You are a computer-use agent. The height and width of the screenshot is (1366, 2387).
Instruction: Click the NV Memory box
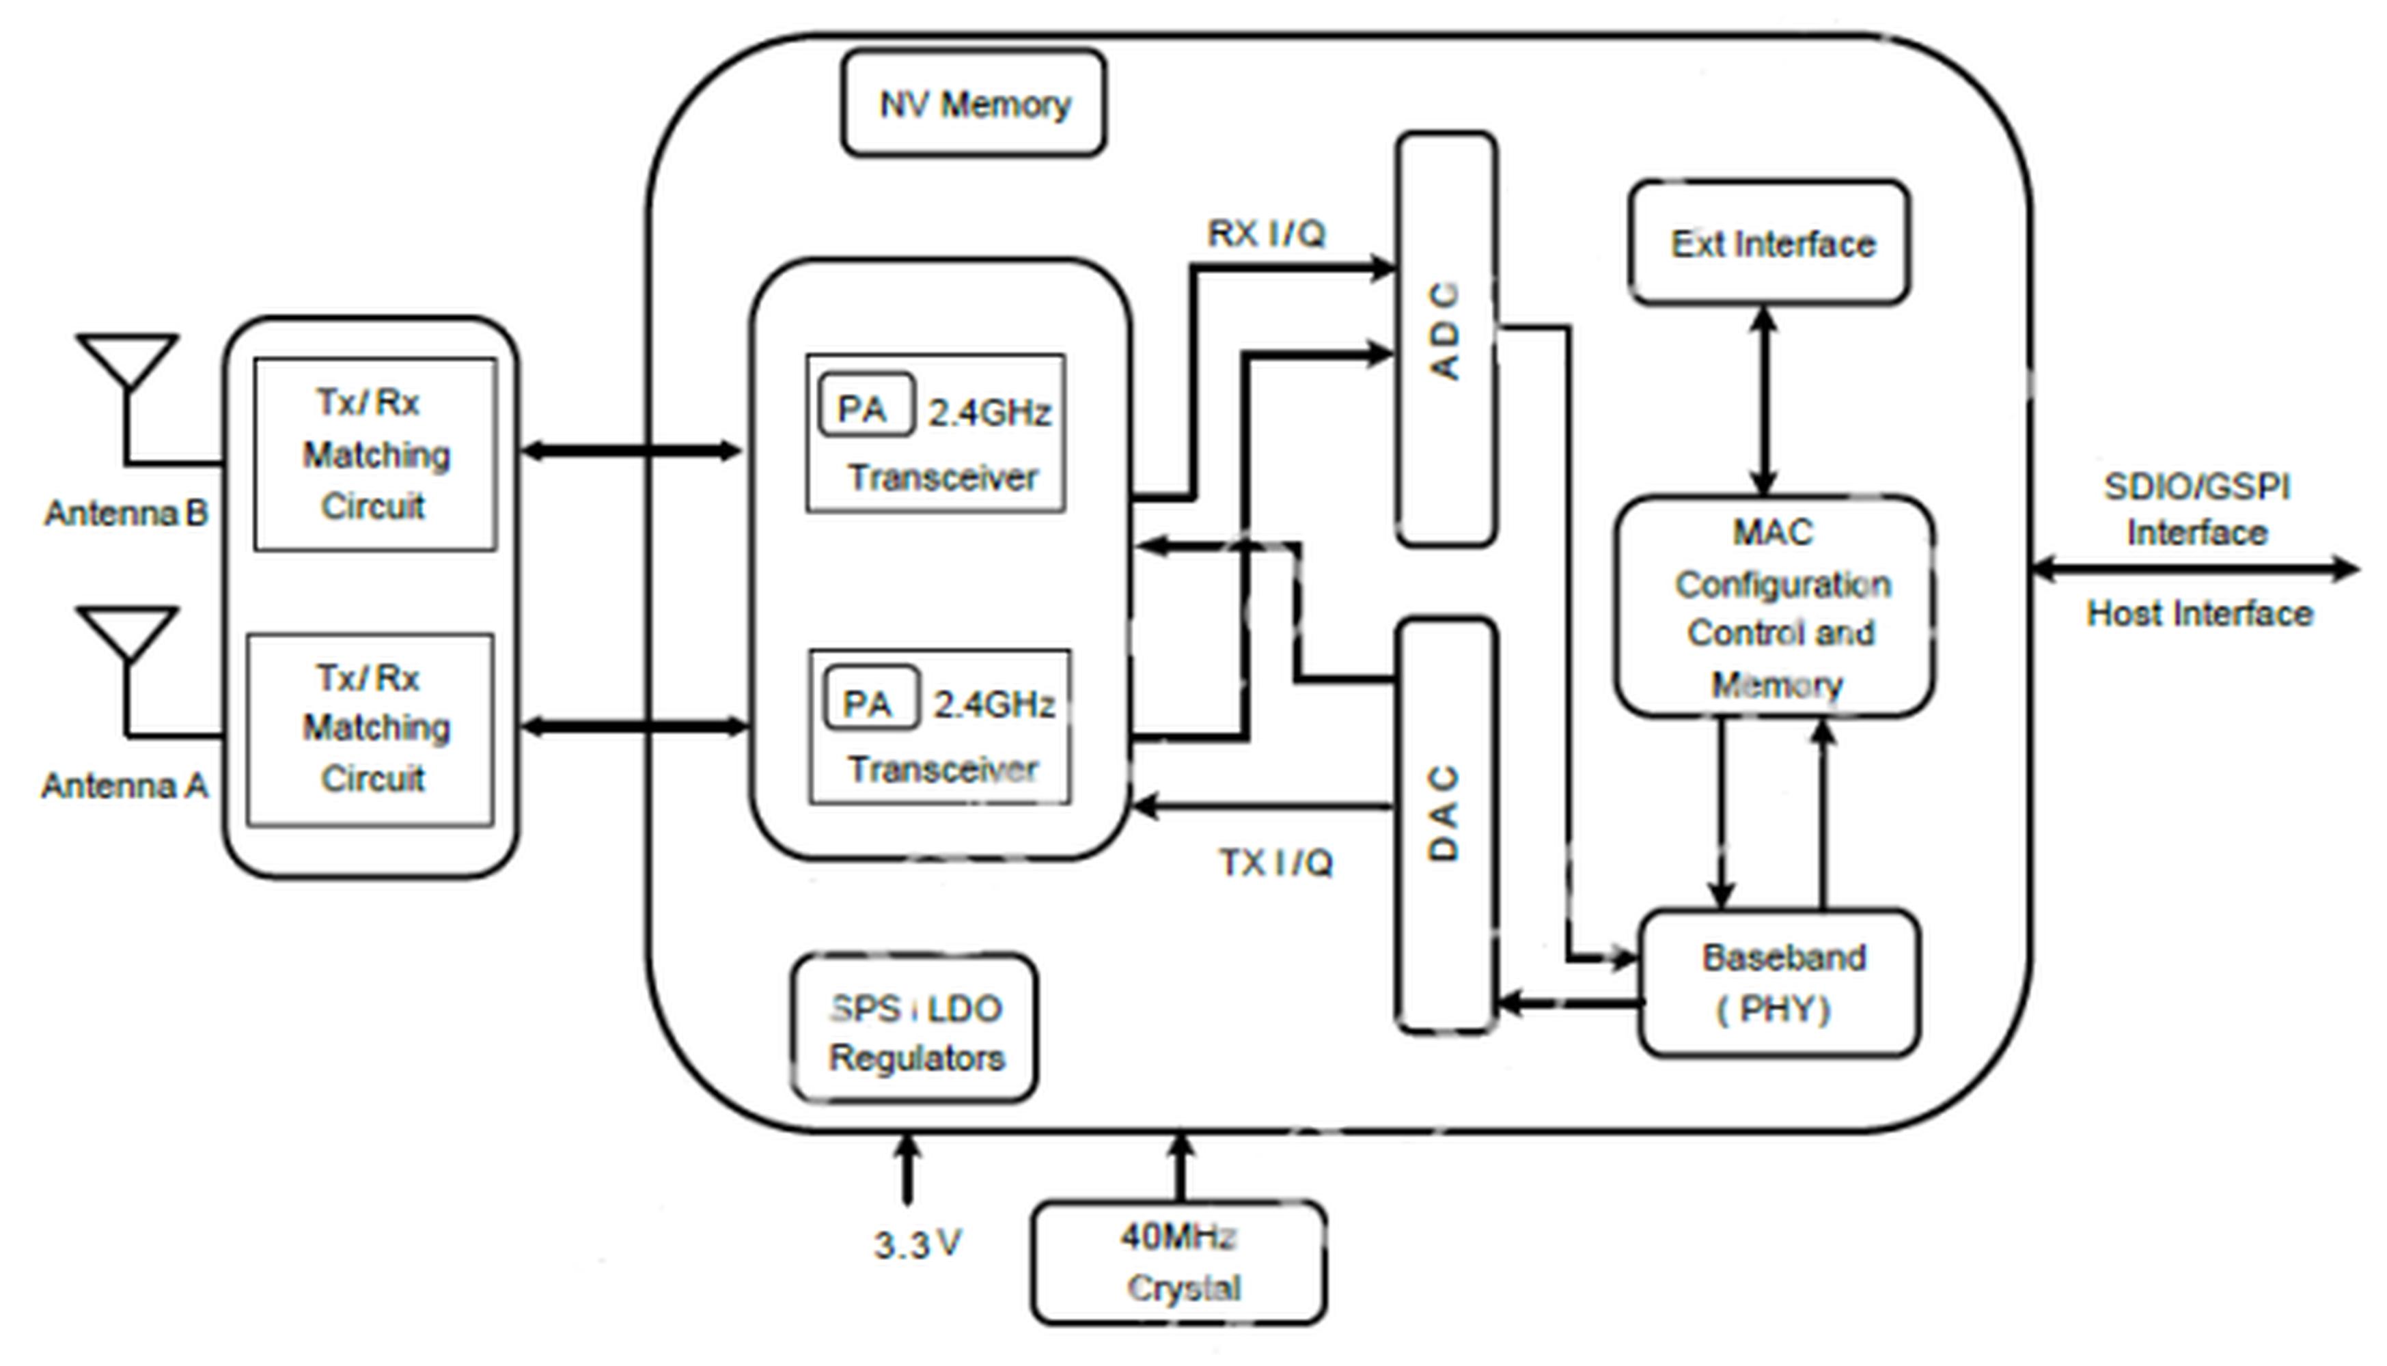coord(974,103)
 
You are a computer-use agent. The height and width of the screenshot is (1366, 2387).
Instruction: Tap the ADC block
coord(1446,339)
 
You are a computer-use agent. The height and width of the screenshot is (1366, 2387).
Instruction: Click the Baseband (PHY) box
coord(1780,982)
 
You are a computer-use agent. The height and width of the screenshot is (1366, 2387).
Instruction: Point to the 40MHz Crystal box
coord(1179,1262)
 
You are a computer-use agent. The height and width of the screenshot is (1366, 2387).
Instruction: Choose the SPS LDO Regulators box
coord(915,1028)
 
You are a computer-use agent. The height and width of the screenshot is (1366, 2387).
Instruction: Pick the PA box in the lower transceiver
coord(871,697)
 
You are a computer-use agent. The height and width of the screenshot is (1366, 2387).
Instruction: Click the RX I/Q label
coord(1267,234)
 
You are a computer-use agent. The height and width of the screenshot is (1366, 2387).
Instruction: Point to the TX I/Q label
coord(1275,862)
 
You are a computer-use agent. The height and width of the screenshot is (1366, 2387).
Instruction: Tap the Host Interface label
coord(2199,613)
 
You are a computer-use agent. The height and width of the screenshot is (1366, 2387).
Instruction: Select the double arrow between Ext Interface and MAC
coord(1765,401)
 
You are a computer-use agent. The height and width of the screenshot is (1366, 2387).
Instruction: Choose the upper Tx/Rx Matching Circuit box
coord(375,454)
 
